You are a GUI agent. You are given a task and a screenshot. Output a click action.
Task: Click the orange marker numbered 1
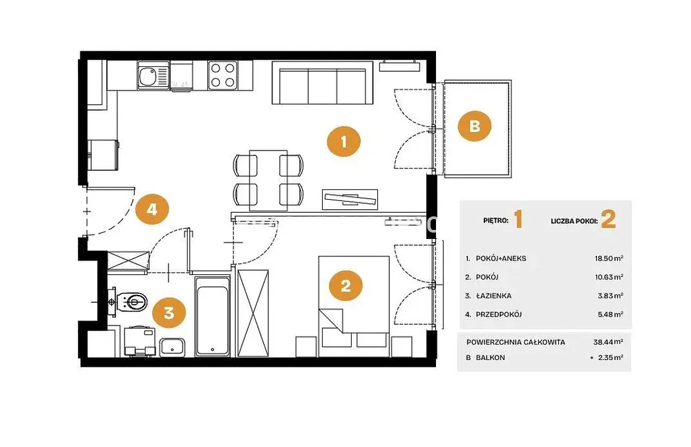click(x=343, y=142)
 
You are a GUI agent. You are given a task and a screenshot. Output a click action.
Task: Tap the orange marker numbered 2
click(x=346, y=285)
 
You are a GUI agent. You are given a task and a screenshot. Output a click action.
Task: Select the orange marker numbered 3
click(x=169, y=312)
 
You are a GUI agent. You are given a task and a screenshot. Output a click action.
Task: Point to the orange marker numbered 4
click(x=152, y=209)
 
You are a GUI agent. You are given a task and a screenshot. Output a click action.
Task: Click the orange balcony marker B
click(x=475, y=126)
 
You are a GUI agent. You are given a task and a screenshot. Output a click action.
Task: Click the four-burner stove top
click(x=223, y=75)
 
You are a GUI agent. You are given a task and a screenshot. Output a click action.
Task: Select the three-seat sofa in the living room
click(x=322, y=83)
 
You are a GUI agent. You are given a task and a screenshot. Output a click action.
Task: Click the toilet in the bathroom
click(x=133, y=302)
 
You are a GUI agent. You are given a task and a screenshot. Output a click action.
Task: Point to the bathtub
click(x=212, y=316)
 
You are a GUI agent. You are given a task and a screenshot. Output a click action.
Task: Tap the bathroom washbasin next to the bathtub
click(x=172, y=347)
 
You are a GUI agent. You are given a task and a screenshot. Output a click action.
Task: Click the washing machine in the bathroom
click(x=140, y=341)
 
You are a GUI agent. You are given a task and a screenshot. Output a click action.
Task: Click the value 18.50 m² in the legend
click(x=609, y=258)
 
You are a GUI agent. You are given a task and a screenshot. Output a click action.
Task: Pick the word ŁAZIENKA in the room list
click(x=493, y=296)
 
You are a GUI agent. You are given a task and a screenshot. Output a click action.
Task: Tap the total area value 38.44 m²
click(x=608, y=342)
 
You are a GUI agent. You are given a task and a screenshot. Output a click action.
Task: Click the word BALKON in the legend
click(x=490, y=357)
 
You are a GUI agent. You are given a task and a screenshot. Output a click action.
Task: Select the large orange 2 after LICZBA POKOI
click(x=608, y=220)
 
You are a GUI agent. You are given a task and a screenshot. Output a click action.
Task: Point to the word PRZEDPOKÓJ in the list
click(x=499, y=314)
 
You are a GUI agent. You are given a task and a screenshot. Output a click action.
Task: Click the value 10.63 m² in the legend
click(x=609, y=277)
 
